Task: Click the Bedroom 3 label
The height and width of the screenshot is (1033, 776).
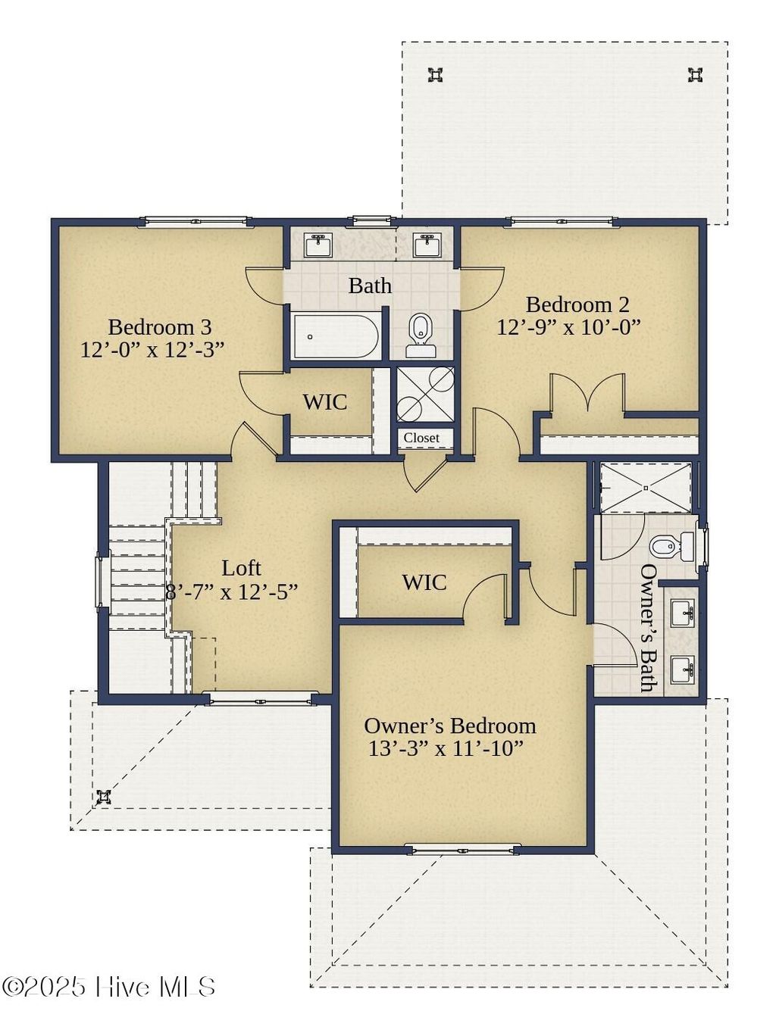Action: point(159,327)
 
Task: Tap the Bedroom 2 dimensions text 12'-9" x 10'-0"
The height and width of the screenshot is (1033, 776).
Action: point(568,327)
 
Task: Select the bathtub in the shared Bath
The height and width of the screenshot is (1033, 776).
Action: point(336,336)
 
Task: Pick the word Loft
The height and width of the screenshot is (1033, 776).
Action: point(241,568)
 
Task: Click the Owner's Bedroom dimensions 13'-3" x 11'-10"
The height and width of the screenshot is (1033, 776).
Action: point(446,749)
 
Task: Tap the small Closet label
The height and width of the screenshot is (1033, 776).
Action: point(421,438)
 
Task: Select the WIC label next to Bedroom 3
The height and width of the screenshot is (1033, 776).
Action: point(325,401)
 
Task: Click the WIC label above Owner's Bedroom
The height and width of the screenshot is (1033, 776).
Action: point(424,582)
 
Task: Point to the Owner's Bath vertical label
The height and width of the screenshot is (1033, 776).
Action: point(648,627)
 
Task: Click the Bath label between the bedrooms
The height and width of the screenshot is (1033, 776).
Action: point(370,286)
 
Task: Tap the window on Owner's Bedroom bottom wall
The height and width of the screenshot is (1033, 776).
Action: point(462,849)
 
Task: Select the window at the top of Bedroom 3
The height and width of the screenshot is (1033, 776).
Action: point(196,222)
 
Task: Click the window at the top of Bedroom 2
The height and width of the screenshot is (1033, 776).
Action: point(562,221)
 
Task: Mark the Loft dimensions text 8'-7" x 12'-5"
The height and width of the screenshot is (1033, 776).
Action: point(231,592)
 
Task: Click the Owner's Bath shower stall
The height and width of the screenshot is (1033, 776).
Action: point(646,487)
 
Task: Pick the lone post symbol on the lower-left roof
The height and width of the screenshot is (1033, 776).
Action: point(104,797)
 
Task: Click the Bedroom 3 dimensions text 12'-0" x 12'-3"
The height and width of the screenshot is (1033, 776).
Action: point(152,350)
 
